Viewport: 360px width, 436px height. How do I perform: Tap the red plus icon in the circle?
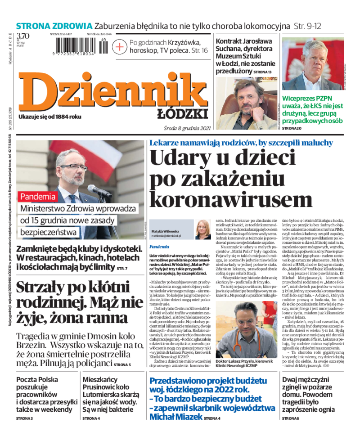[119, 46]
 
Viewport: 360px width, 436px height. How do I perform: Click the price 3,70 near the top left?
[23, 36]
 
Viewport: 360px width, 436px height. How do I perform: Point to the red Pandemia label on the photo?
[38, 196]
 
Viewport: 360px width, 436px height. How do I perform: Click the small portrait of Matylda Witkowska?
[202, 229]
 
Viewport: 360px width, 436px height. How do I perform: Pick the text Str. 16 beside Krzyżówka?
[198, 50]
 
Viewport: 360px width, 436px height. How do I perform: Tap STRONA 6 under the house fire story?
[290, 418]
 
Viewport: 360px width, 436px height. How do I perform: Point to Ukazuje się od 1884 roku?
[50, 117]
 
